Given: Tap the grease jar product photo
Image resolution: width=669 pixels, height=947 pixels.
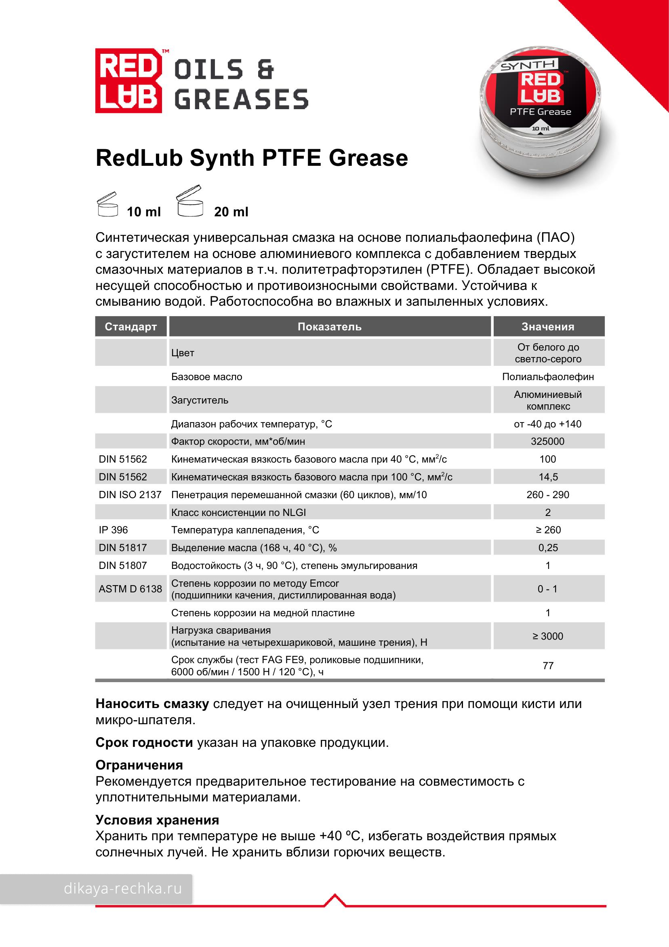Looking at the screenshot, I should [541, 115].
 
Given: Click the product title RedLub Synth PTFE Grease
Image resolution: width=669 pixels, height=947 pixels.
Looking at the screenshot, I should [251, 159].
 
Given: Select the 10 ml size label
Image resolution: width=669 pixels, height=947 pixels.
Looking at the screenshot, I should [143, 212].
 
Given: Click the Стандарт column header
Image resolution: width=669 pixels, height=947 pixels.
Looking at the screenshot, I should [130, 327].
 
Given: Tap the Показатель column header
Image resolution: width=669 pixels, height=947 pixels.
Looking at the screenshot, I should [329, 327].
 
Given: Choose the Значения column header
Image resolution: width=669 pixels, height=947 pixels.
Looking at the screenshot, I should [548, 327].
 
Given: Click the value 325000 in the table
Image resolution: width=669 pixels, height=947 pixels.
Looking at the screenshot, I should [547, 441].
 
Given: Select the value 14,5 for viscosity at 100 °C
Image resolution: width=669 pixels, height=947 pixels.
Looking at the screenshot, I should [548, 477].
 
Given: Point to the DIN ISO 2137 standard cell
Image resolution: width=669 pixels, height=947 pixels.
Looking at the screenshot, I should [130, 495].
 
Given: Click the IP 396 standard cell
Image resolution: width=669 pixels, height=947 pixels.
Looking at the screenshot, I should [114, 530].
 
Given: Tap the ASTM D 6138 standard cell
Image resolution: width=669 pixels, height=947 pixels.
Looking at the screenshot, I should [130, 589].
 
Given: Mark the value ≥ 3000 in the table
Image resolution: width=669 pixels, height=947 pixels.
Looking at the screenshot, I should [547, 636].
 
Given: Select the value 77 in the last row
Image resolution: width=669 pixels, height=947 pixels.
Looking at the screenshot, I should [548, 666].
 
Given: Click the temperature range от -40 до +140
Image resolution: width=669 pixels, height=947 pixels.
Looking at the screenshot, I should [547, 424].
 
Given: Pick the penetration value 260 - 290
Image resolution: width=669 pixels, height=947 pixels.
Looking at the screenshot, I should [547, 495].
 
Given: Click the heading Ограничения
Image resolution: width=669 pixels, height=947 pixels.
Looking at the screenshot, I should [139, 765].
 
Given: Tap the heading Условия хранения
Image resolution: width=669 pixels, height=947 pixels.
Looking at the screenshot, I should [157, 820].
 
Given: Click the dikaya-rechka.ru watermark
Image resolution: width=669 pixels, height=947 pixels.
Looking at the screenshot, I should [122, 888].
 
